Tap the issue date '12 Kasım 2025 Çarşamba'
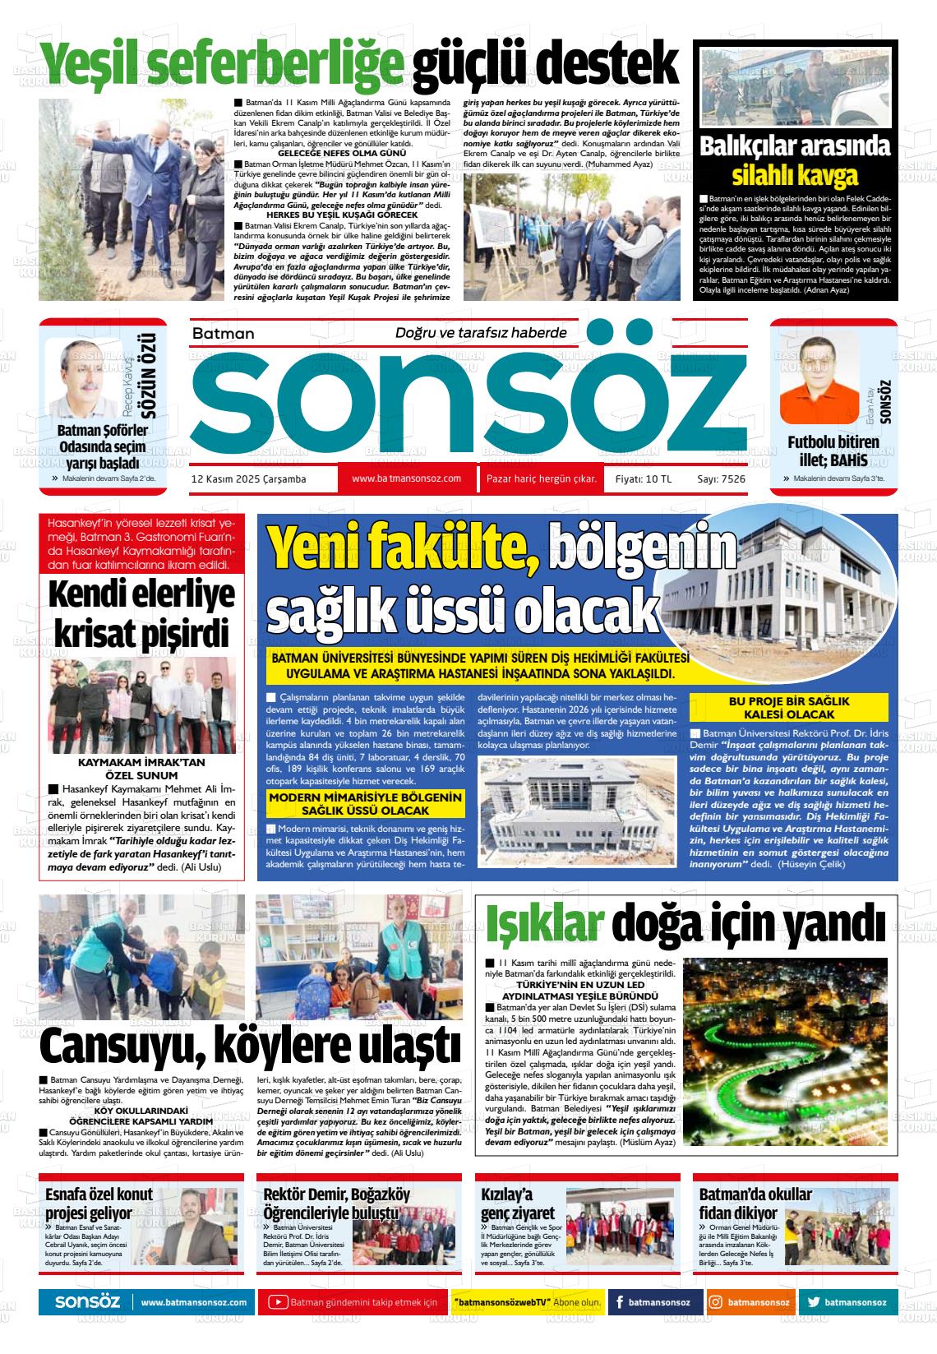click(248, 478)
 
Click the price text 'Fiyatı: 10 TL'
click(637, 478)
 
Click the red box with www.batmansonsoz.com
click(406, 478)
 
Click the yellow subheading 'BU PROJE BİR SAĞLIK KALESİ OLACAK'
click(788, 708)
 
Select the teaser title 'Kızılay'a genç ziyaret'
click(519, 1204)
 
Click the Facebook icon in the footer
click(619, 1302)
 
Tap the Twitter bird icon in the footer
click(813, 1302)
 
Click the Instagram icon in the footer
click(716, 1302)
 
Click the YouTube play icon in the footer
click(278, 1302)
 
